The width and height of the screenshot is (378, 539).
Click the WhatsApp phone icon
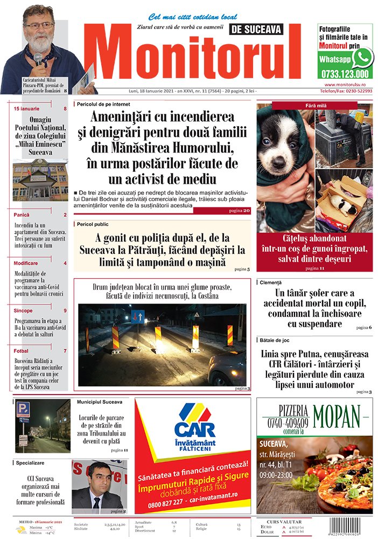click(x=362, y=58)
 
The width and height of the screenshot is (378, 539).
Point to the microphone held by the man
click(x=38, y=58)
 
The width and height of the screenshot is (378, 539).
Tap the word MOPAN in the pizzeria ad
click(x=336, y=413)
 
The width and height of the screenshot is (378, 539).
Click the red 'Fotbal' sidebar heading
click(x=22, y=351)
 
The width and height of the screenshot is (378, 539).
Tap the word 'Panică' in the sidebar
click(x=22, y=215)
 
